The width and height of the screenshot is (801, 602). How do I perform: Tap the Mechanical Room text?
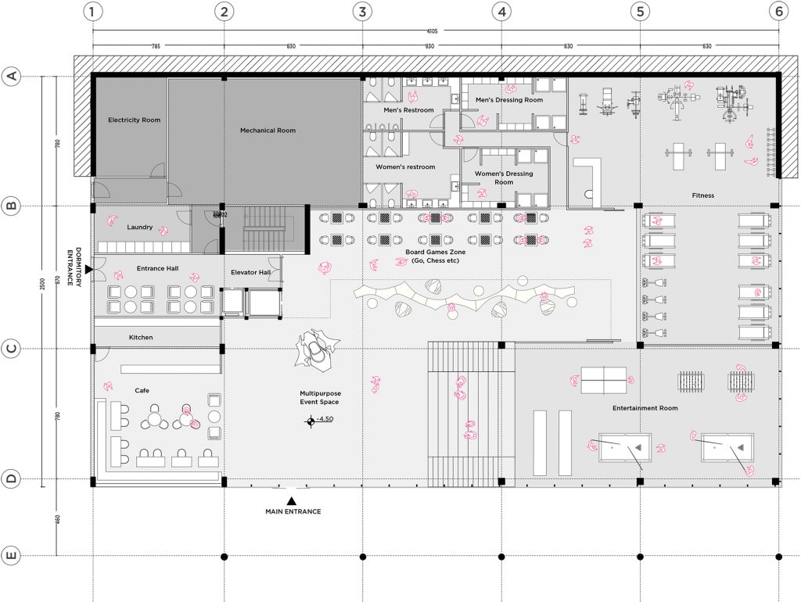(268, 131)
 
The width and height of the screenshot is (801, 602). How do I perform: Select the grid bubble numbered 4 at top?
(501, 12)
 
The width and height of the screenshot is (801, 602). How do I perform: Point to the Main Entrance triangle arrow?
(292, 500)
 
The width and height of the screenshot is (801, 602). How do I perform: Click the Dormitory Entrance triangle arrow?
(88, 269)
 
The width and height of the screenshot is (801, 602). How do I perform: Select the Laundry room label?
(139, 228)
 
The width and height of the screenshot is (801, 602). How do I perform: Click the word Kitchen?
(141, 338)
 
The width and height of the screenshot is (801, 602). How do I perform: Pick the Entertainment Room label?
(645, 408)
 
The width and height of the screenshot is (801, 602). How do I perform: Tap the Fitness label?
(702, 195)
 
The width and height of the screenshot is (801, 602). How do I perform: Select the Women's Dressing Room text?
(503, 177)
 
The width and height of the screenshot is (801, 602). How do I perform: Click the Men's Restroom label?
(408, 110)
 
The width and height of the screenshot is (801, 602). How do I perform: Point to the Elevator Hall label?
(250, 272)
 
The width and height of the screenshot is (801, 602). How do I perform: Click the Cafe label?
(141, 390)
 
